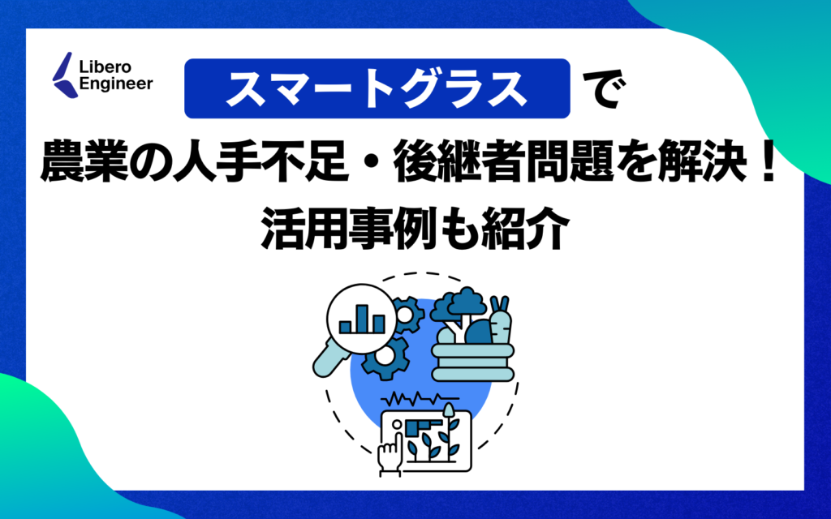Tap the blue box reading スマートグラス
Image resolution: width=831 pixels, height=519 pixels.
coord(377,88)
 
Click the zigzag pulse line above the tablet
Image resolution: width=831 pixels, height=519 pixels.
coord(422,400)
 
